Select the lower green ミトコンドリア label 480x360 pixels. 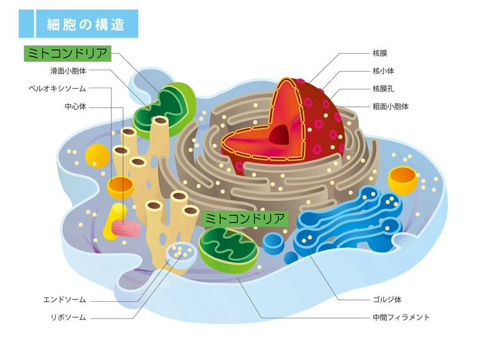[245, 219]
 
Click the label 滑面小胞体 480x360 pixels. [68, 70]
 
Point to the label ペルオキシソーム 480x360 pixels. [58, 88]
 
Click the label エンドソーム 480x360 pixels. [65, 299]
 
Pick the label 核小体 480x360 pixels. [382, 70]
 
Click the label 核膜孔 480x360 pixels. [382, 88]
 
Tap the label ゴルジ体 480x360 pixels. [387, 299]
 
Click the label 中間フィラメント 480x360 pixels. [401, 317]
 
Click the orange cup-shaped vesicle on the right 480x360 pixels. [403, 179]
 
